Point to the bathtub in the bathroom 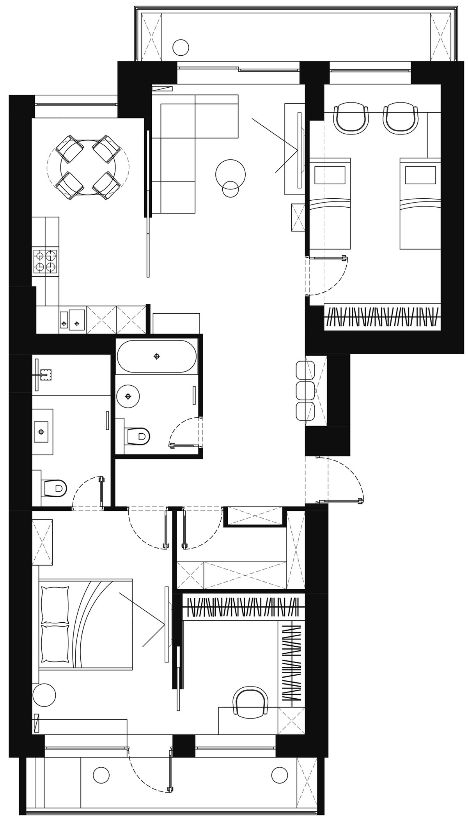[x=156, y=356]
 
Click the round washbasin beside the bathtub [x=128, y=396]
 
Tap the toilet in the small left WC [x=55, y=487]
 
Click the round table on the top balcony [x=181, y=48]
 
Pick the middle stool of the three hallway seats [x=305, y=390]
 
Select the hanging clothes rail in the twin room [x=382, y=316]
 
